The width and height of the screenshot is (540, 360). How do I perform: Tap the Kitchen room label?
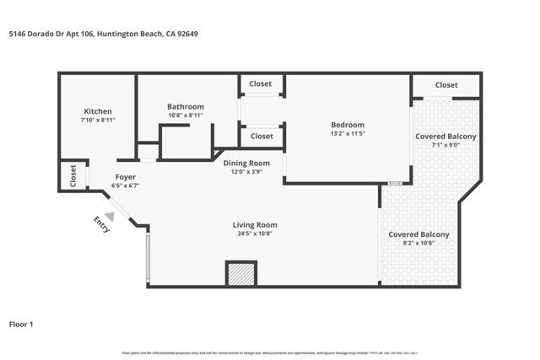(x=98, y=112)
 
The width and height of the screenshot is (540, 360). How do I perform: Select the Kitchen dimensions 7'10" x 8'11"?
(x=98, y=121)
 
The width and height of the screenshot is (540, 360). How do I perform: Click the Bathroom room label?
(x=186, y=106)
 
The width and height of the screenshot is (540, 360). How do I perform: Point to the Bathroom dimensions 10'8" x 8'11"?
(x=186, y=116)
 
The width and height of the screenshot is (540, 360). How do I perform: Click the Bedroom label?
(x=348, y=125)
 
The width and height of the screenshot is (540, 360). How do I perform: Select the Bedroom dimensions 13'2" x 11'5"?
(x=348, y=134)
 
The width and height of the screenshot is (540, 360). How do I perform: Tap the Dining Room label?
(x=252, y=163)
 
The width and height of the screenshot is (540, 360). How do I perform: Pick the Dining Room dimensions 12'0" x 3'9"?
(x=252, y=172)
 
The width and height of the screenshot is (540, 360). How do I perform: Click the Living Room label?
(x=255, y=225)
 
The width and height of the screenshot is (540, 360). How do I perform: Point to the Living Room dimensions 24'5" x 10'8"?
(x=255, y=234)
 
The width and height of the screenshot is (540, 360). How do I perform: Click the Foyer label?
(x=126, y=177)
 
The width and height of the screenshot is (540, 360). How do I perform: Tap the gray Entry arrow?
(x=110, y=217)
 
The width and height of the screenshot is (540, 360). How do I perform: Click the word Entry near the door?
(x=102, y=226)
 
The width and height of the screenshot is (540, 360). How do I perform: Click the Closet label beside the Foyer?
(x=73, y=175)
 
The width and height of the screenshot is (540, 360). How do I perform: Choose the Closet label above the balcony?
(x=446, y=85)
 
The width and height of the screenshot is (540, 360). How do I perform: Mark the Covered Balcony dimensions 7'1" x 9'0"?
(x=445, y=145)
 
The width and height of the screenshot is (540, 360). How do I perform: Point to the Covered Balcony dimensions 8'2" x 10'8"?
(x=418, y=243)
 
